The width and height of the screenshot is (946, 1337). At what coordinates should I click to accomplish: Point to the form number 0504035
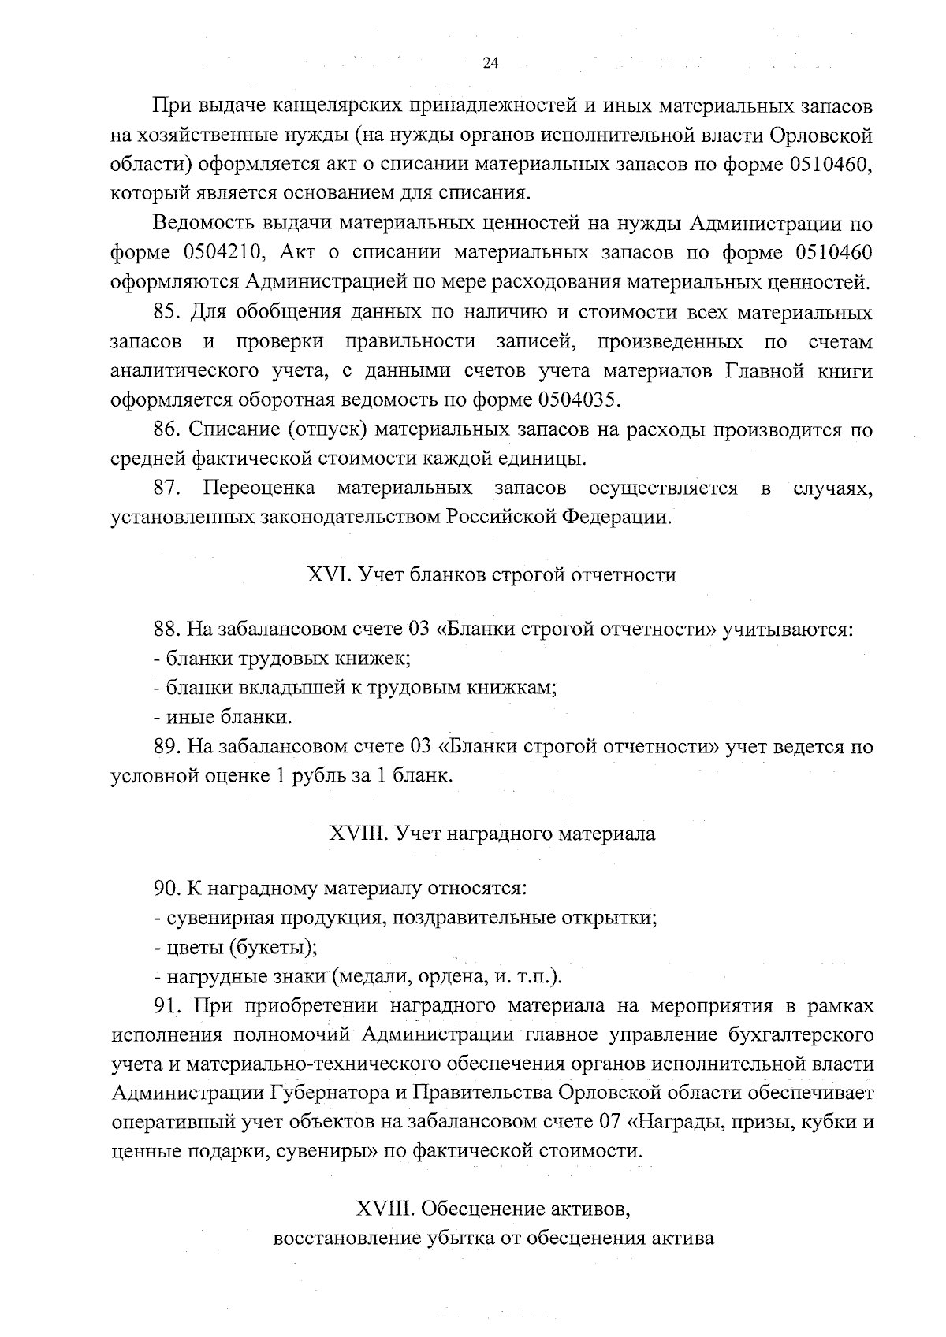tap(577, 399)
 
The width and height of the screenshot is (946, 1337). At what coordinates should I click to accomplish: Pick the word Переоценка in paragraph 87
tap(259, 488)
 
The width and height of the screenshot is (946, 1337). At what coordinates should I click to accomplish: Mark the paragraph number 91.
tap(168, 1006)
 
